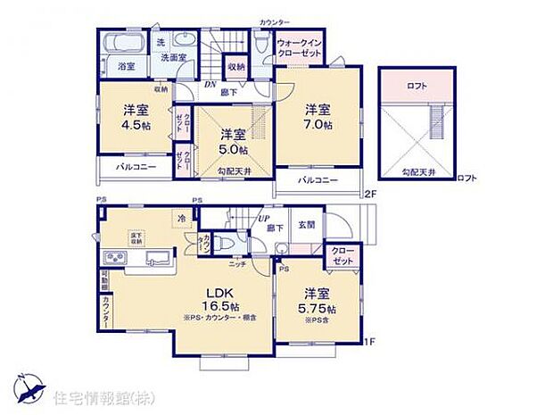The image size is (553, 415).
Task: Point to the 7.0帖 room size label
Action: (318, 126)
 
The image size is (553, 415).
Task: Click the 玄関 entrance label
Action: (306, 225)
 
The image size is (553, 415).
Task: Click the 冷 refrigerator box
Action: (182, 218)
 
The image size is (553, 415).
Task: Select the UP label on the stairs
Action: (265, 217)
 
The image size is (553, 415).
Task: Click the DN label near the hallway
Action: (211, 86)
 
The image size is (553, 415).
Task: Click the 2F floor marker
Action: (370, 194)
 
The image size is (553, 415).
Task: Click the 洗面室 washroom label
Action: (174, 58)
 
